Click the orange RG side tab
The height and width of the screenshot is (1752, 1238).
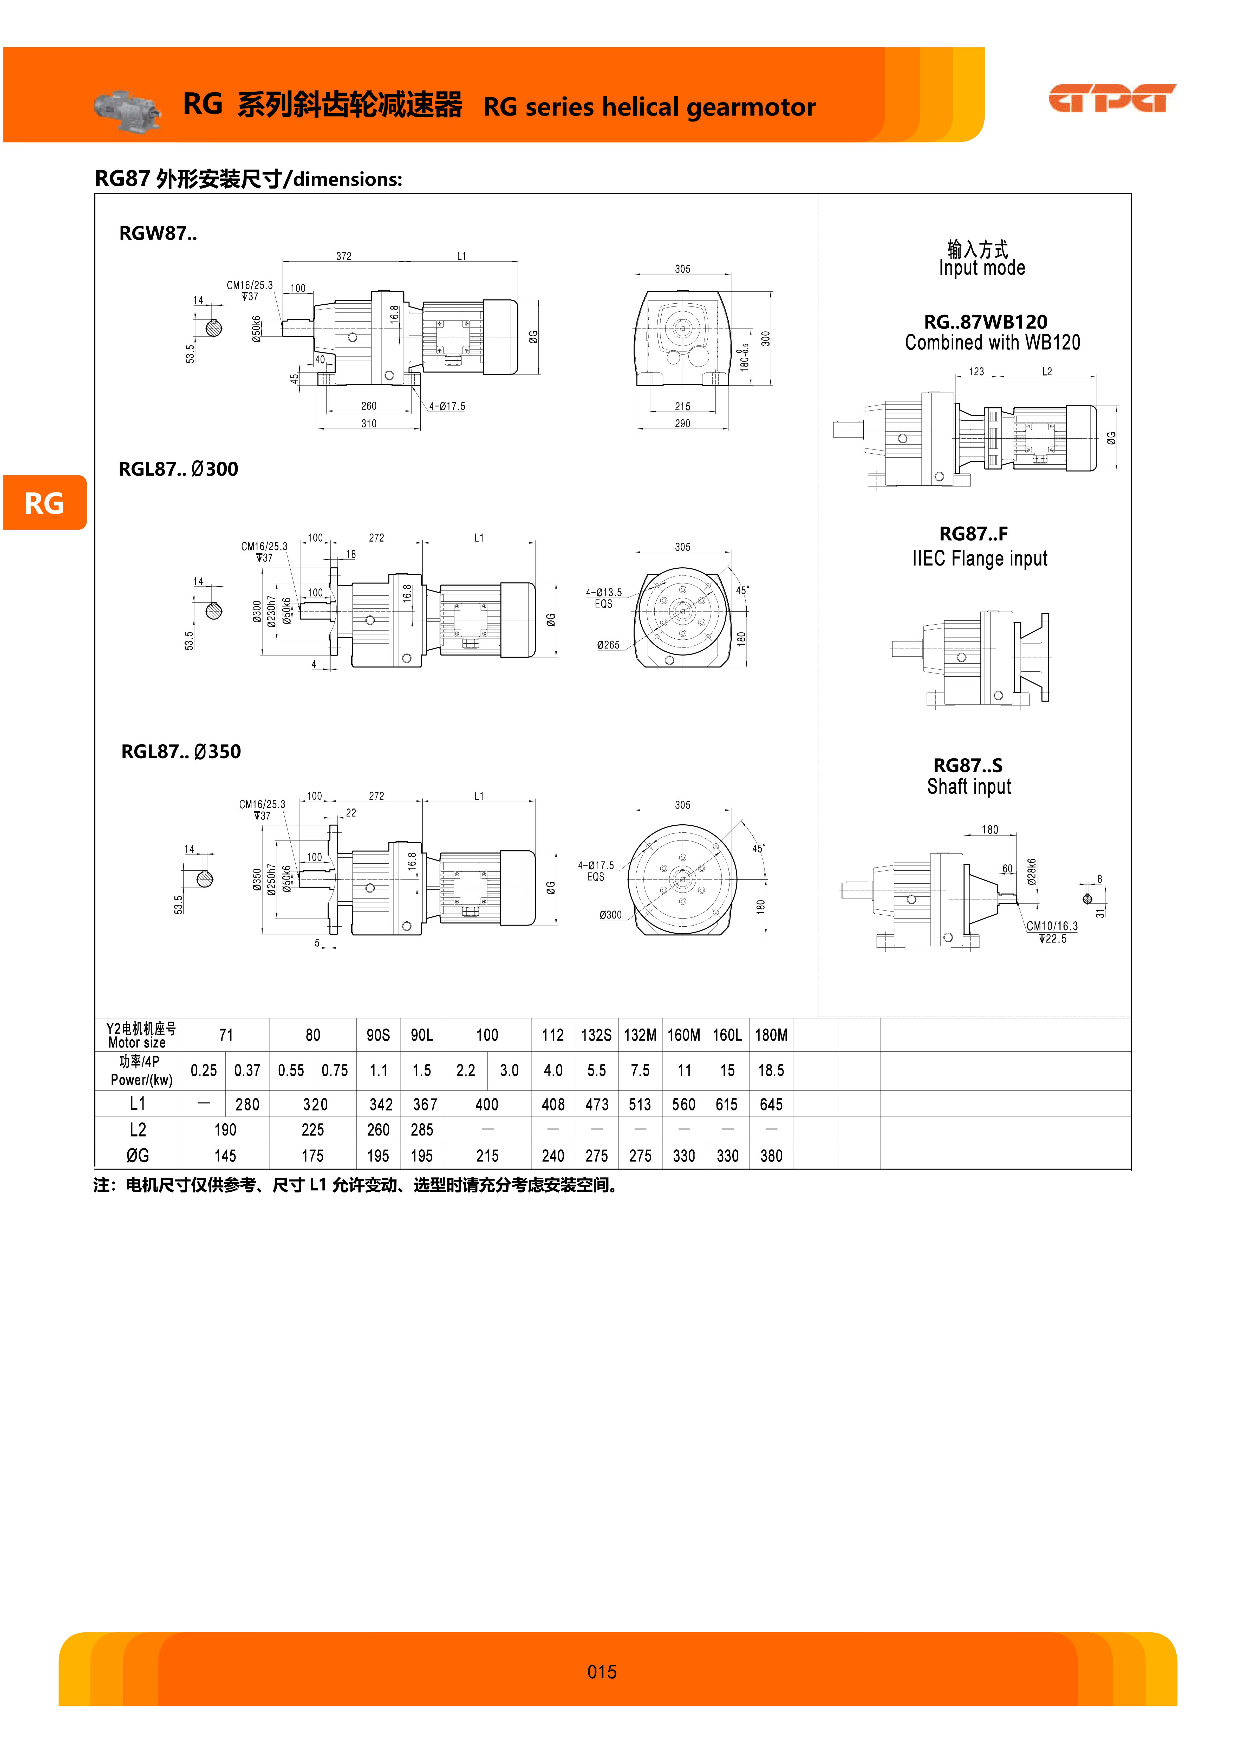click(x=44, y=503)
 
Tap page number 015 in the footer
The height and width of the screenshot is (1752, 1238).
click(x=602, y=1672)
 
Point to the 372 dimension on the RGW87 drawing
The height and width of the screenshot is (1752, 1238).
click(x=344, y=256)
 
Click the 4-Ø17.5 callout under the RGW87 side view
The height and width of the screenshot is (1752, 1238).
click(x=447, y=407)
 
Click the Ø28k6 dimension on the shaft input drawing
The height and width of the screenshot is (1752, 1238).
click(x=1031, y=871)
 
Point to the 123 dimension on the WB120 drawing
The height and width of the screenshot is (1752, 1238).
click(x=976, y=372)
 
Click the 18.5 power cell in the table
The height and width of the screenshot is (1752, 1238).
click(x=771, y=1071)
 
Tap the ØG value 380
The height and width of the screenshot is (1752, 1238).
click(x=771, y=1156)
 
